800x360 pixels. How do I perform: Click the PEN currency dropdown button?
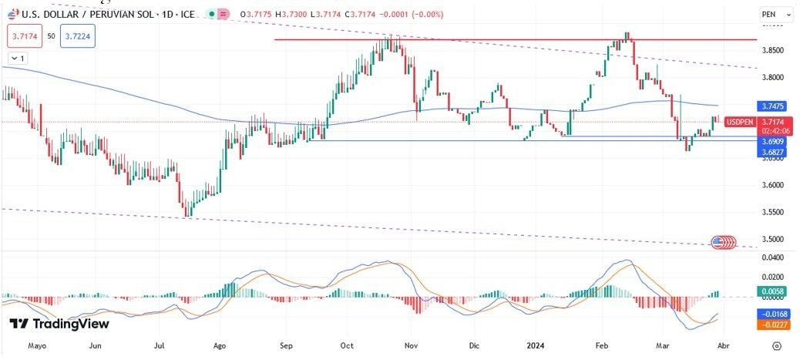[775, 14]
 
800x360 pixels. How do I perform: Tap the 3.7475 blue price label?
[772, 106]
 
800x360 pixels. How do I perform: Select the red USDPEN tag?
[740, 122]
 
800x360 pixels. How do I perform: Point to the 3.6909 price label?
[772, 143]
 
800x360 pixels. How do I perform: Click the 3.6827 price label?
[772, 153]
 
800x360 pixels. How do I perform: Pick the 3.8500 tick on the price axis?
[772, 51]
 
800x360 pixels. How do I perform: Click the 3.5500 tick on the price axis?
[772, 212]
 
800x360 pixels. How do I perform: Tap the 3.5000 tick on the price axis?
[772, 239]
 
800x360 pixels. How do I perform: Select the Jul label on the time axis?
[160, 346]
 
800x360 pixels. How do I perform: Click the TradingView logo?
[59, 324]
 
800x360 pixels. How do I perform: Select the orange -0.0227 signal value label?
[772, 325]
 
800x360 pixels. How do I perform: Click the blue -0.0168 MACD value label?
[772, 315]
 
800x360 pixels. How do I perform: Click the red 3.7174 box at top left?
[23, 35]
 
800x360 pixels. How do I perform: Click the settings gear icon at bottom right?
[777, 346]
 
